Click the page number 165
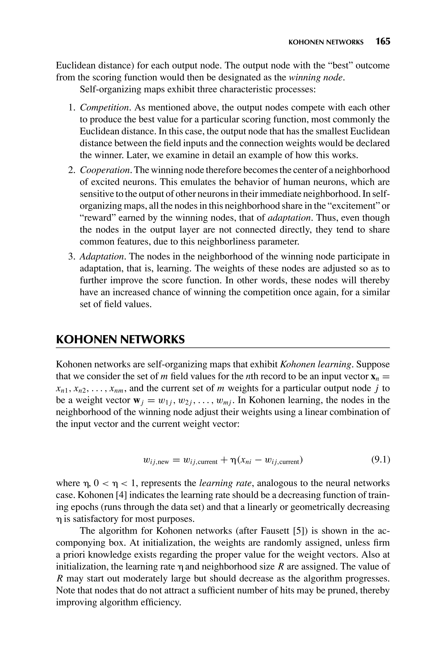coord(383,41)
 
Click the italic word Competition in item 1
coord(105,108)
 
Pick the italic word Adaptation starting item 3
coord(102,257)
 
